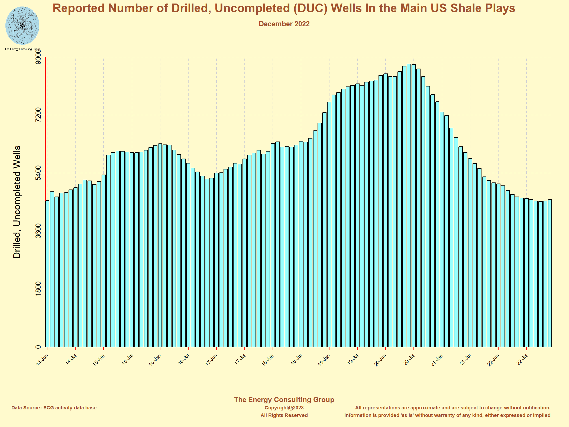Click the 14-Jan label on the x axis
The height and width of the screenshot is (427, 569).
(42, 360)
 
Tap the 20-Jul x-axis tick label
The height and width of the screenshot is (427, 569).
(409, 360)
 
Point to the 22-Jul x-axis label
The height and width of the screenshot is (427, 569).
(522, 360)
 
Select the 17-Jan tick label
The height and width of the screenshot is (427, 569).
(212, 360)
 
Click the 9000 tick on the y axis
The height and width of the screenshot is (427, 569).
(38, 57)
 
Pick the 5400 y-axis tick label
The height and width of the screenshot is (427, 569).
(38, 173)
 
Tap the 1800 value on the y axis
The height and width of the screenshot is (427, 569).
(38, 289)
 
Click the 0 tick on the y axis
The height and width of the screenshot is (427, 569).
(38, 347)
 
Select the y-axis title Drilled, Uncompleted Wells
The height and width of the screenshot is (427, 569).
(17, 202)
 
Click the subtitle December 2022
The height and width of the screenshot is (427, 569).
(284, 24)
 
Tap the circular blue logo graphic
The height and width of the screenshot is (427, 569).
(22, 26)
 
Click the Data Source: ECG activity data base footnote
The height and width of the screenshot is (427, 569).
(54, 408)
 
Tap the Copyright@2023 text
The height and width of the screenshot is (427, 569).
(284, 408)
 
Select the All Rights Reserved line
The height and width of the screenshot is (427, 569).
(284, 415)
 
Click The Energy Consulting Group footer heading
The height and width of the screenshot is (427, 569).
(284, 400)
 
